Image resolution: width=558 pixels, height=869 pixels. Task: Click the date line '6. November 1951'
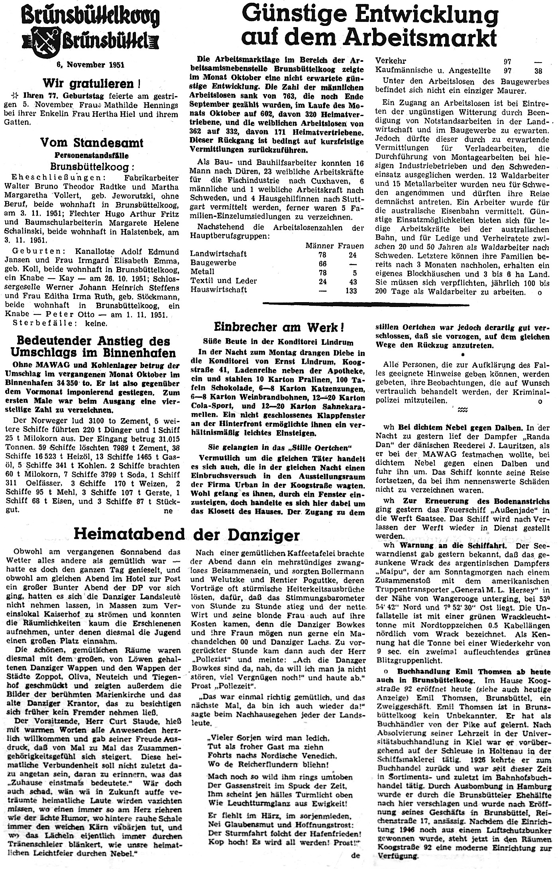pos(90,65)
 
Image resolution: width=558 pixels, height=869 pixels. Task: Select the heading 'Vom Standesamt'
pos(92,142)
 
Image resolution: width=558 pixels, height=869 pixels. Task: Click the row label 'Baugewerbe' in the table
pos(213,263)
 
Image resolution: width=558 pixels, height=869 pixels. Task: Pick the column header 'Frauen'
pos(350,246)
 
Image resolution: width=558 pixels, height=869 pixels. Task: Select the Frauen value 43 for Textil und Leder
pos(353,281)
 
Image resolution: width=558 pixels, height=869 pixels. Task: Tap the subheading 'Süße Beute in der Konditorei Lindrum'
pos(279,342)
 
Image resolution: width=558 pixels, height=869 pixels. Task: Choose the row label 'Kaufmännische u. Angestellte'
pos(433,71)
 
